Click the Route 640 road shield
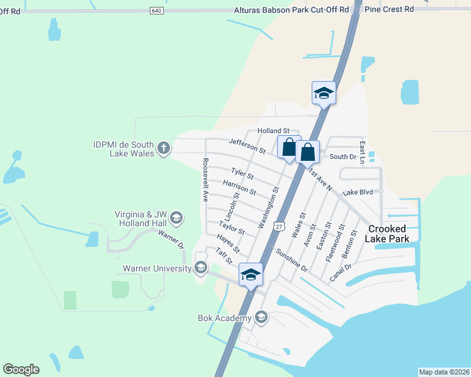(157, 11)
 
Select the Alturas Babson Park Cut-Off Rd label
(291, 10)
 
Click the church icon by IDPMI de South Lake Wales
(164, 148)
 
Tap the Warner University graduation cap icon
(201, 268)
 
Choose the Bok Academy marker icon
(261, 318)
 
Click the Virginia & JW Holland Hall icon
(176, 218)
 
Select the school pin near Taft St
(251, 275)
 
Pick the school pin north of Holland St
(324, 94)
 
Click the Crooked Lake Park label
(389, 234)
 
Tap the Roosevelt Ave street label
(205, 179)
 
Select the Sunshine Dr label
(291, 260)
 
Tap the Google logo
(21, 369)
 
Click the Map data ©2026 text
(444, 372)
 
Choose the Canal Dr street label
(339, 272)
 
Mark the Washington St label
(268, 207)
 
